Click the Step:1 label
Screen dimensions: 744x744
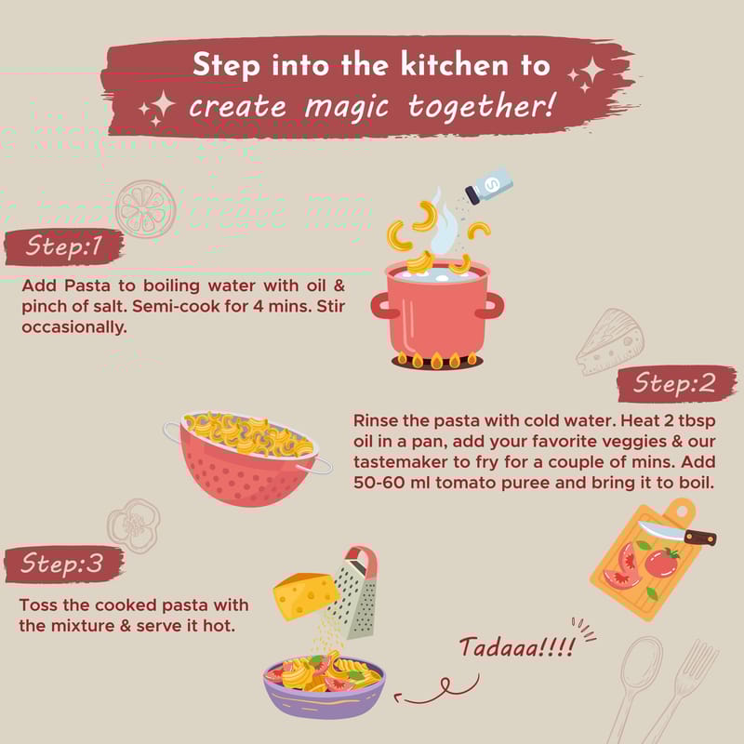coord(64,246)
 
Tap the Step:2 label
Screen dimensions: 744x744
coord(676,383)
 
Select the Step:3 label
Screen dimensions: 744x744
coord(63,564)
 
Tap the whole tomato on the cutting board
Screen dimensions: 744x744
coord(661,563)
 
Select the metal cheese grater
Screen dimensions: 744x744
coord(356,593)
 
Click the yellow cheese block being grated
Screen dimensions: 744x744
coord(306,595)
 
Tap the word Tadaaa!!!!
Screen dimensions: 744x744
coord(517,647)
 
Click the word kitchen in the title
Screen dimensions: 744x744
coord(454,64)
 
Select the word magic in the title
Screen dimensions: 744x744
coord(347,108)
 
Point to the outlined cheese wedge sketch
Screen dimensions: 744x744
coord(611,341)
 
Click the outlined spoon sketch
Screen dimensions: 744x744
coord(636,688)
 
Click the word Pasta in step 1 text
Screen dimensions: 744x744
coord(87,286)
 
